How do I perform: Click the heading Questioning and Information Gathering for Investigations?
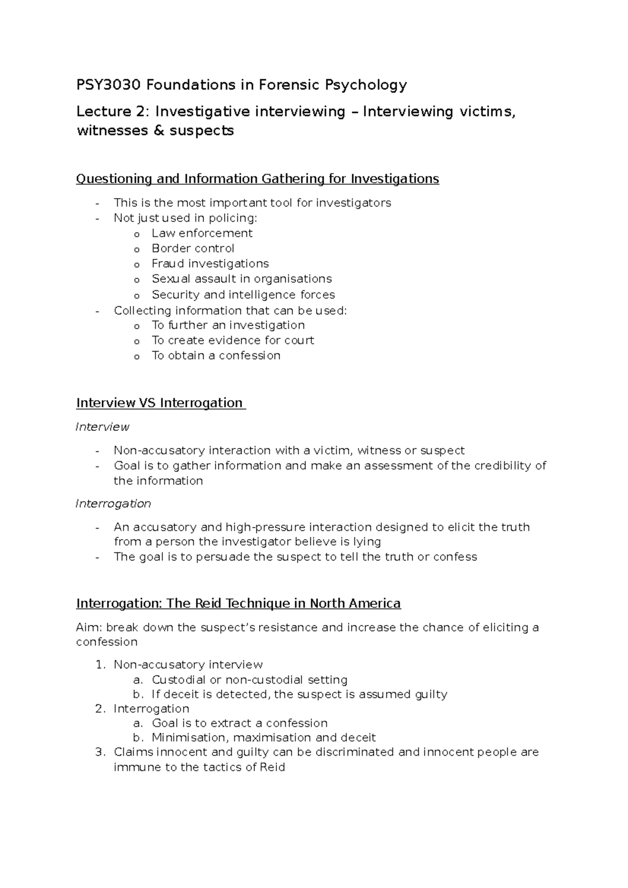point(257,179)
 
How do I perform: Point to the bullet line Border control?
point(193,248)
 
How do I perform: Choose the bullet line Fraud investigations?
point(210,264)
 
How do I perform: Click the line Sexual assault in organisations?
point(241,279)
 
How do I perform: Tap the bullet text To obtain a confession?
point(216,356)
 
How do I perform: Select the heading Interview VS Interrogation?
point(160,403)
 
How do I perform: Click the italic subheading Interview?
point(103,427)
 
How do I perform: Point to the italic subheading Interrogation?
point(114,504)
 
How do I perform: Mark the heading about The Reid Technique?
point(238,604)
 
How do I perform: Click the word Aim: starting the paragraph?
point(89,628)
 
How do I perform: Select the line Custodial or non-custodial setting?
point(249,680)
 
